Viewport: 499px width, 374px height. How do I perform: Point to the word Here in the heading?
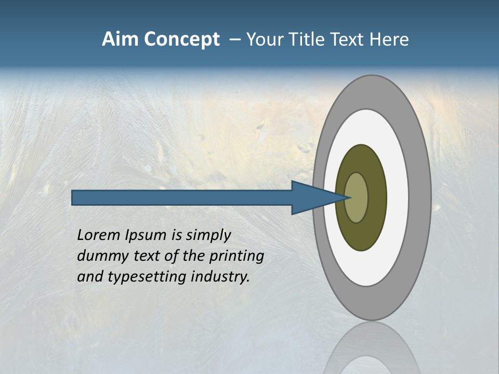coord(389,39)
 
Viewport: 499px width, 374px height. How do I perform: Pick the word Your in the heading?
coord(266,39)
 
